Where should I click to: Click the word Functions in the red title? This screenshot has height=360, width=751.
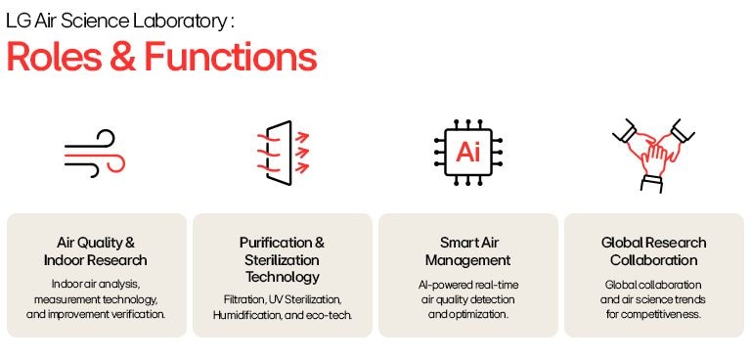(230, 57)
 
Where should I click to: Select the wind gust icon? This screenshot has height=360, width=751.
(95, 156)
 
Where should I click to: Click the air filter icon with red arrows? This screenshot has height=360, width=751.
(283, 153)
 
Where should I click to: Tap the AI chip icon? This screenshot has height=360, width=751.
(467, 154)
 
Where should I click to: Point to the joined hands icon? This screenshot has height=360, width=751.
(653, 153)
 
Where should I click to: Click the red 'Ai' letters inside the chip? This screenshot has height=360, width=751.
(467, 154)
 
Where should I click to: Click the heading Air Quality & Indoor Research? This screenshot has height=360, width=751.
(96, 251)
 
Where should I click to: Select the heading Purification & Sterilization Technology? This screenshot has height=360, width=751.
(282, 260)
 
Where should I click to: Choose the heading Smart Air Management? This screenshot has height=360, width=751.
(467, 251)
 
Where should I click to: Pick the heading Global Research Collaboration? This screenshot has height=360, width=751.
(653, 251)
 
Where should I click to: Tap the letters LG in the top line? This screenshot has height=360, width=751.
(17, 20)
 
